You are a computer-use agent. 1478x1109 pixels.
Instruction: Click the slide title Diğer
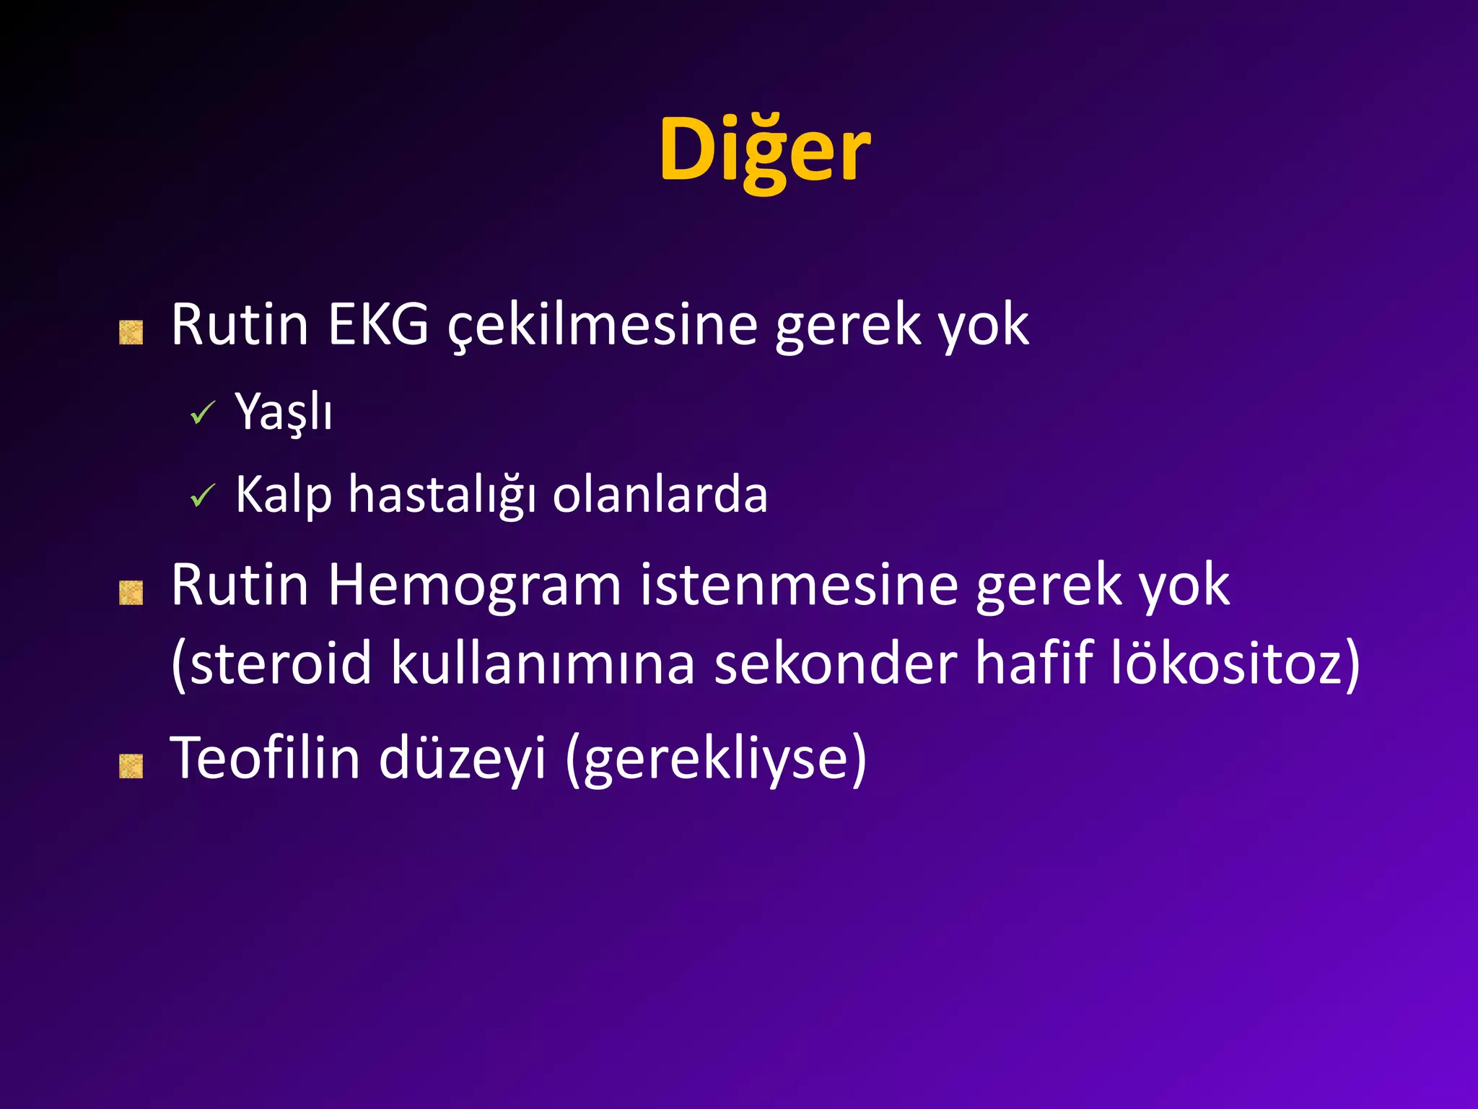click(764, 150)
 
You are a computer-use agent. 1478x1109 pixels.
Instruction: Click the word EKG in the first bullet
click(378, 325)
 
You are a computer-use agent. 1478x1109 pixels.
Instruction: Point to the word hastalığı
click(442, 495)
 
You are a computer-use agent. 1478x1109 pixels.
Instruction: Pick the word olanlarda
click(660, 495)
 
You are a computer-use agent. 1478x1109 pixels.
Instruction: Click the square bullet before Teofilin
click(131, 767)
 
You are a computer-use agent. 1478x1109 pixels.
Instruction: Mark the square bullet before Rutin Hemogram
click(131, 593)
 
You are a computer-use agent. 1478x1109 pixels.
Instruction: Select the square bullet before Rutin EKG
click(131, 333)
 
